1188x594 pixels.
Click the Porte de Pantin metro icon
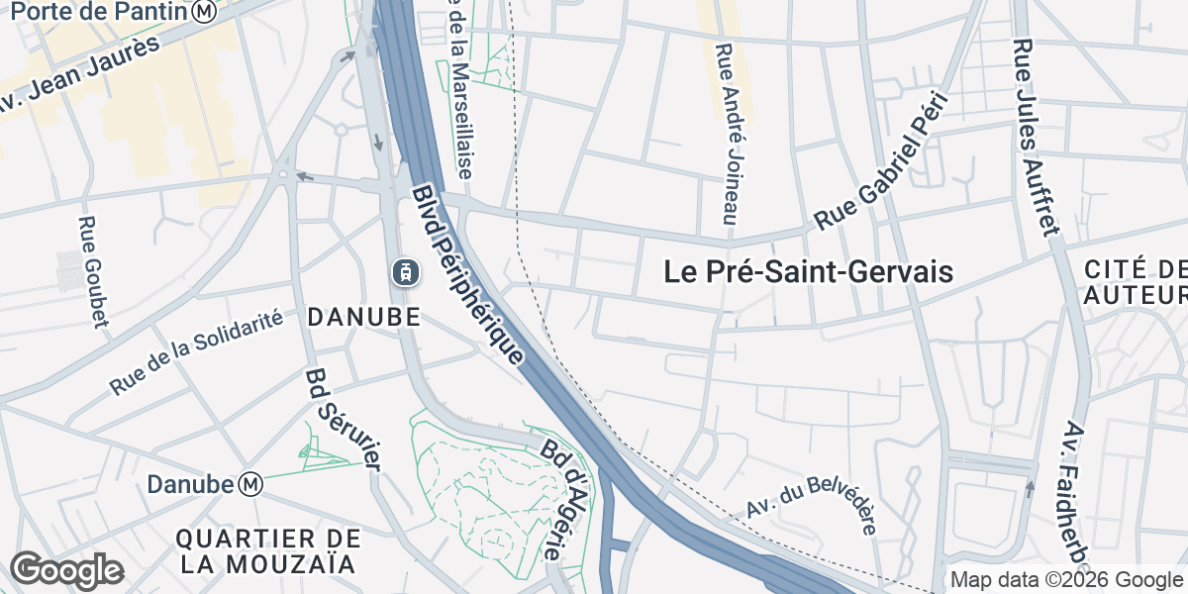click(x=205, y=12)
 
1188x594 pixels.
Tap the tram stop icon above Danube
click(x=404, y=270)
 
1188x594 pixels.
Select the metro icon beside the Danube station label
click(x=251, y=484)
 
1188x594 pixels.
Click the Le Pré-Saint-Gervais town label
click(x=808, y=272)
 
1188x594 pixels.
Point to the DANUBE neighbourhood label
click(x=365, y=317)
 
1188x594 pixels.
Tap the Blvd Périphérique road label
click(x=466, y=276)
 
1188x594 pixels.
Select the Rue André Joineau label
click(x=731, y=134)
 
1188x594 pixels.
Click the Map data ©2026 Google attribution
click(x=1066, y=580)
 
